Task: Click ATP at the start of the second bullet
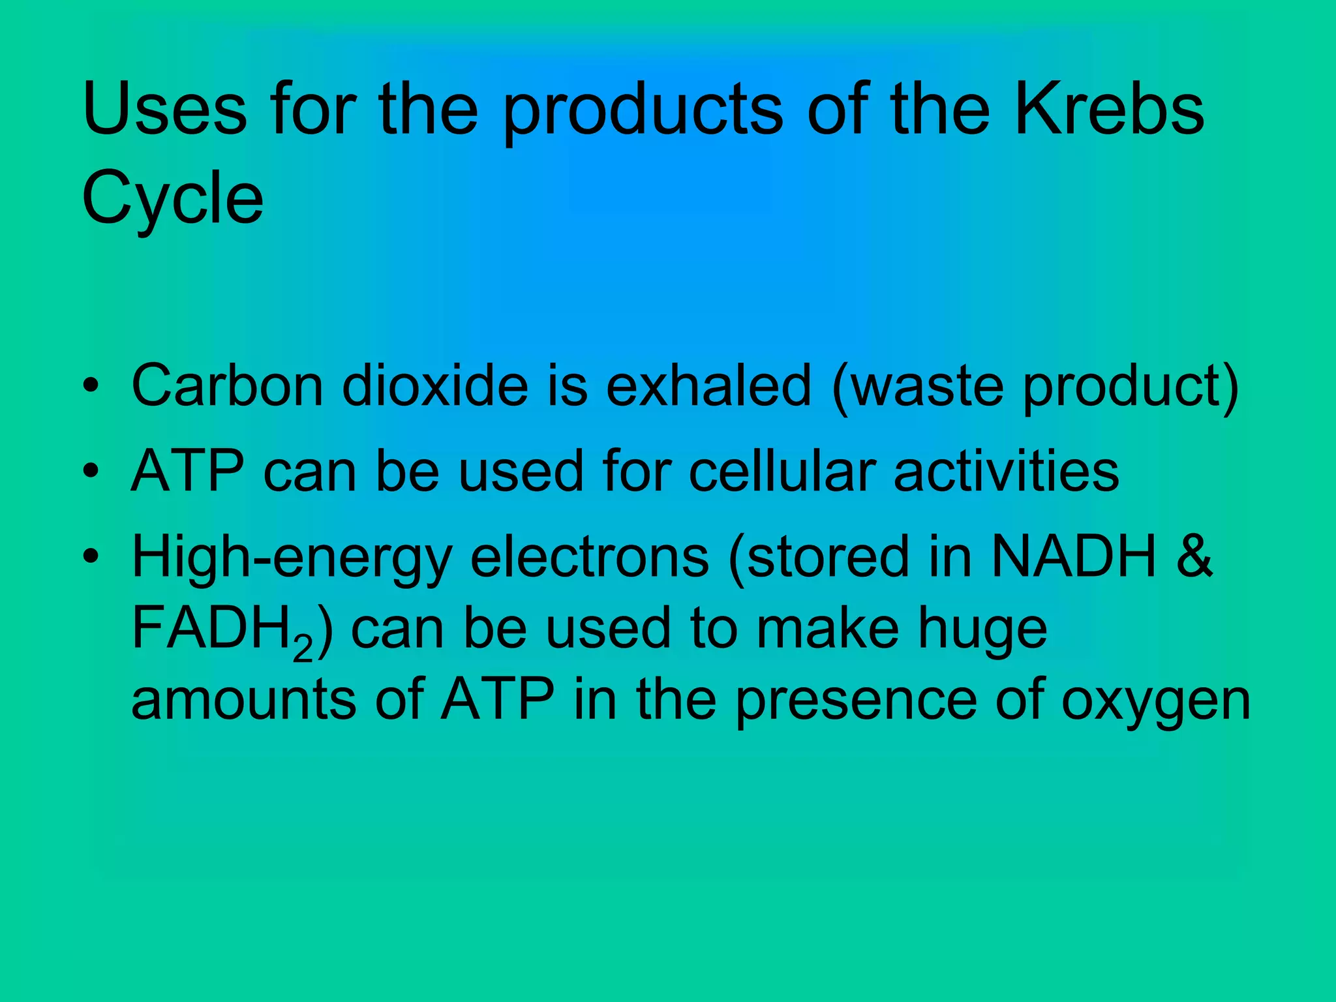pyautogui.click(x=188, y=470)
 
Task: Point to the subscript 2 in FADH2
pyautogui.click(x=303, y=649)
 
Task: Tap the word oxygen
pyautogui.click(x=1155, y=702)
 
